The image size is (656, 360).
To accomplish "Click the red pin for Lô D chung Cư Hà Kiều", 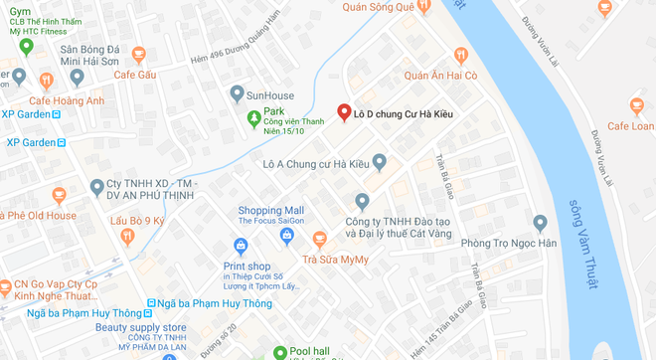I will click(x=344, y=113).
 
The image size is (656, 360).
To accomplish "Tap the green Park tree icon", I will click(x=253, y=120).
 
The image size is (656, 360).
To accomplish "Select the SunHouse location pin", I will click(x=237, y=94).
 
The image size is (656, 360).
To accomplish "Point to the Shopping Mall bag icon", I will click(x=286, y=235).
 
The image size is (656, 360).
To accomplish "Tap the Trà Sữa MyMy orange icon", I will click(x=319, y=238).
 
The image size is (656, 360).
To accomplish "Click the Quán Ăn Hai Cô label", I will click(x=441, y=76).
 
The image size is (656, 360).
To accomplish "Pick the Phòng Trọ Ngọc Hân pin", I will click(x=540, y=223).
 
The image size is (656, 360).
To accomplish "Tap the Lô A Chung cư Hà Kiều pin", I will click(x=378, y=162).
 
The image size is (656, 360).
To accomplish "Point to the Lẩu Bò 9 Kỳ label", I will click(x=137, y=220).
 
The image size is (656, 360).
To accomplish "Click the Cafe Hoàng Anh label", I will click(x=66, y=99).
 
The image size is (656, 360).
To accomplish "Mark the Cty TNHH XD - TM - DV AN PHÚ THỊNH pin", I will click(x=96, y=187).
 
